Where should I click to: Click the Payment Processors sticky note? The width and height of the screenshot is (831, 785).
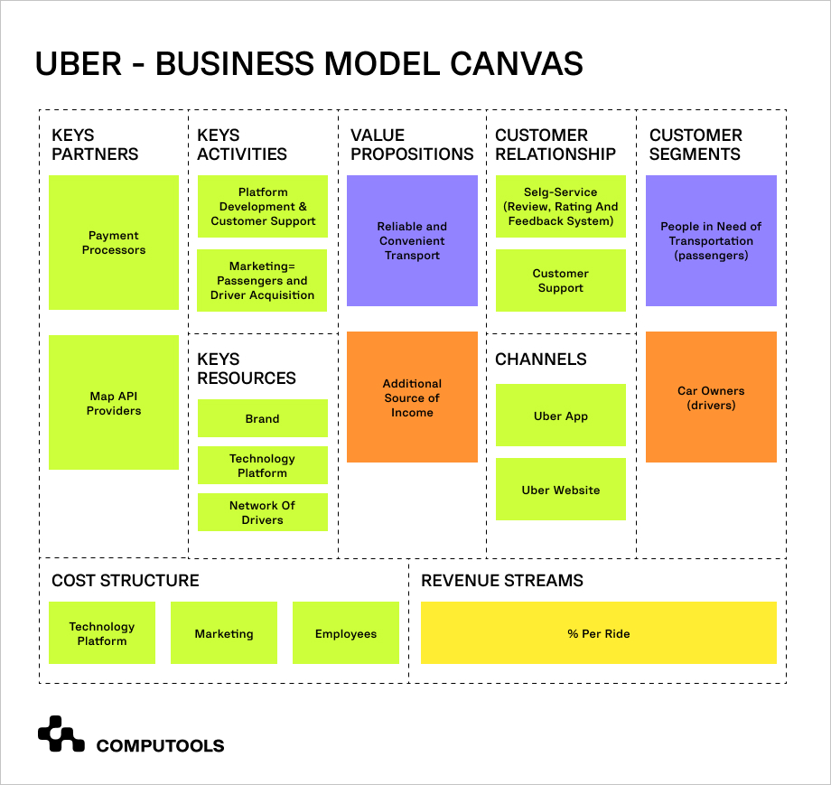tap(113, 242)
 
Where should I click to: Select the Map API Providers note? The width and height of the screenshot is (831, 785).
tap(113, 403)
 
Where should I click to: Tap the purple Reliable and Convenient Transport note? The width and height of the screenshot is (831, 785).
tap(412, 240)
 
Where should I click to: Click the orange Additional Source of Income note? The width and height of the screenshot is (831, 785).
tap(412, 397)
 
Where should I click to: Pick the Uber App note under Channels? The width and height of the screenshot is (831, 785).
tap(560, 416)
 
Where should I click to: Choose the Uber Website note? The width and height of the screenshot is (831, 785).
tap(560, 490)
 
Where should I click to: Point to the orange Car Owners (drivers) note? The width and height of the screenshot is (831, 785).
tap(711, 397)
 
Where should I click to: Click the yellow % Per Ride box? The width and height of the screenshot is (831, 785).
tap(598, 633)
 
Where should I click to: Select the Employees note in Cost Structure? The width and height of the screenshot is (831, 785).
tap(345, 633)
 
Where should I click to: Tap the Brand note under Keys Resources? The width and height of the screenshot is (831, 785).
tap(262, 418)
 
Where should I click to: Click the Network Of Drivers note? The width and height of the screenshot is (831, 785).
tap(262, 512)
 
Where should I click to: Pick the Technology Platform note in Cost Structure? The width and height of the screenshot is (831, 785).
tap(101, 633)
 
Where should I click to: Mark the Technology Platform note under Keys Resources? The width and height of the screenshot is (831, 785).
tap(262, 465)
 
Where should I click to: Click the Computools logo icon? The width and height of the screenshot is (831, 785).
tap(61, 734)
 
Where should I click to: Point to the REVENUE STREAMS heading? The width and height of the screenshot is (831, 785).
tap(502, 580)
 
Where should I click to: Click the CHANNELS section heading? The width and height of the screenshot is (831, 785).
tap(540, 359)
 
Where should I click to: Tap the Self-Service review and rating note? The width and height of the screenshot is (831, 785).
tap(560, 207)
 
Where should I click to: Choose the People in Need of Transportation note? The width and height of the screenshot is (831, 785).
tap(711, 240)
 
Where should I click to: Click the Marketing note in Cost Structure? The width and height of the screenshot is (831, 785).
tap(223, 633)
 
